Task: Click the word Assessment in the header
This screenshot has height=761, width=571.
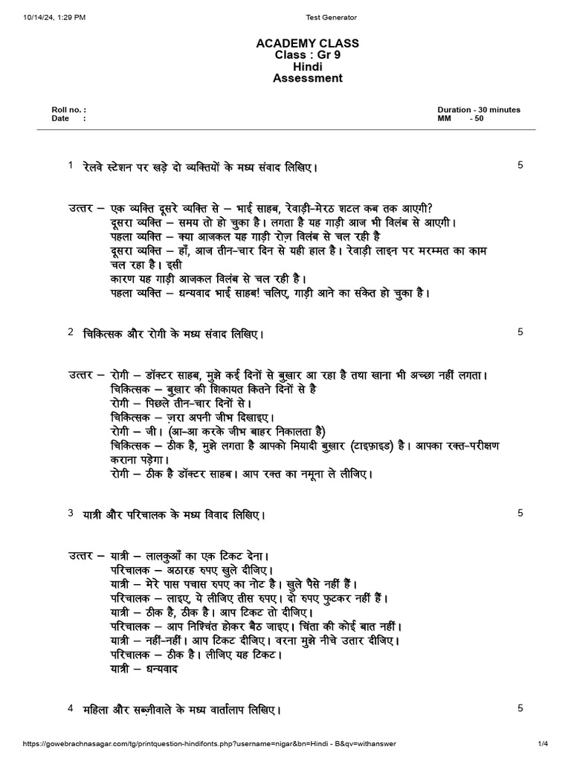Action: click(x=307, y=78)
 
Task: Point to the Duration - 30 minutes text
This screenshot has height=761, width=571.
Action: click(x=479, y=109)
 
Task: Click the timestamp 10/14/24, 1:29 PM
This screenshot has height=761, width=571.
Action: click(x=49, y=17)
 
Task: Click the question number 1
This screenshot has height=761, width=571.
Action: click(x=70, y=165)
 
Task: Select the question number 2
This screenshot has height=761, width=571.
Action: click(x=70, y=332)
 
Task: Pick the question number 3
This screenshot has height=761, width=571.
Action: click(x=70, y=513)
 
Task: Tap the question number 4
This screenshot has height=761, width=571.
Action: click(x=70, y=708)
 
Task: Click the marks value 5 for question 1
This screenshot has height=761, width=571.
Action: click(x=520, y=165)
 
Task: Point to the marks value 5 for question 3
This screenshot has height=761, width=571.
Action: click(x=520, y=513)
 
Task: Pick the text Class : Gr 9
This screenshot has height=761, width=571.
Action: click(x=307, y=54)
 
